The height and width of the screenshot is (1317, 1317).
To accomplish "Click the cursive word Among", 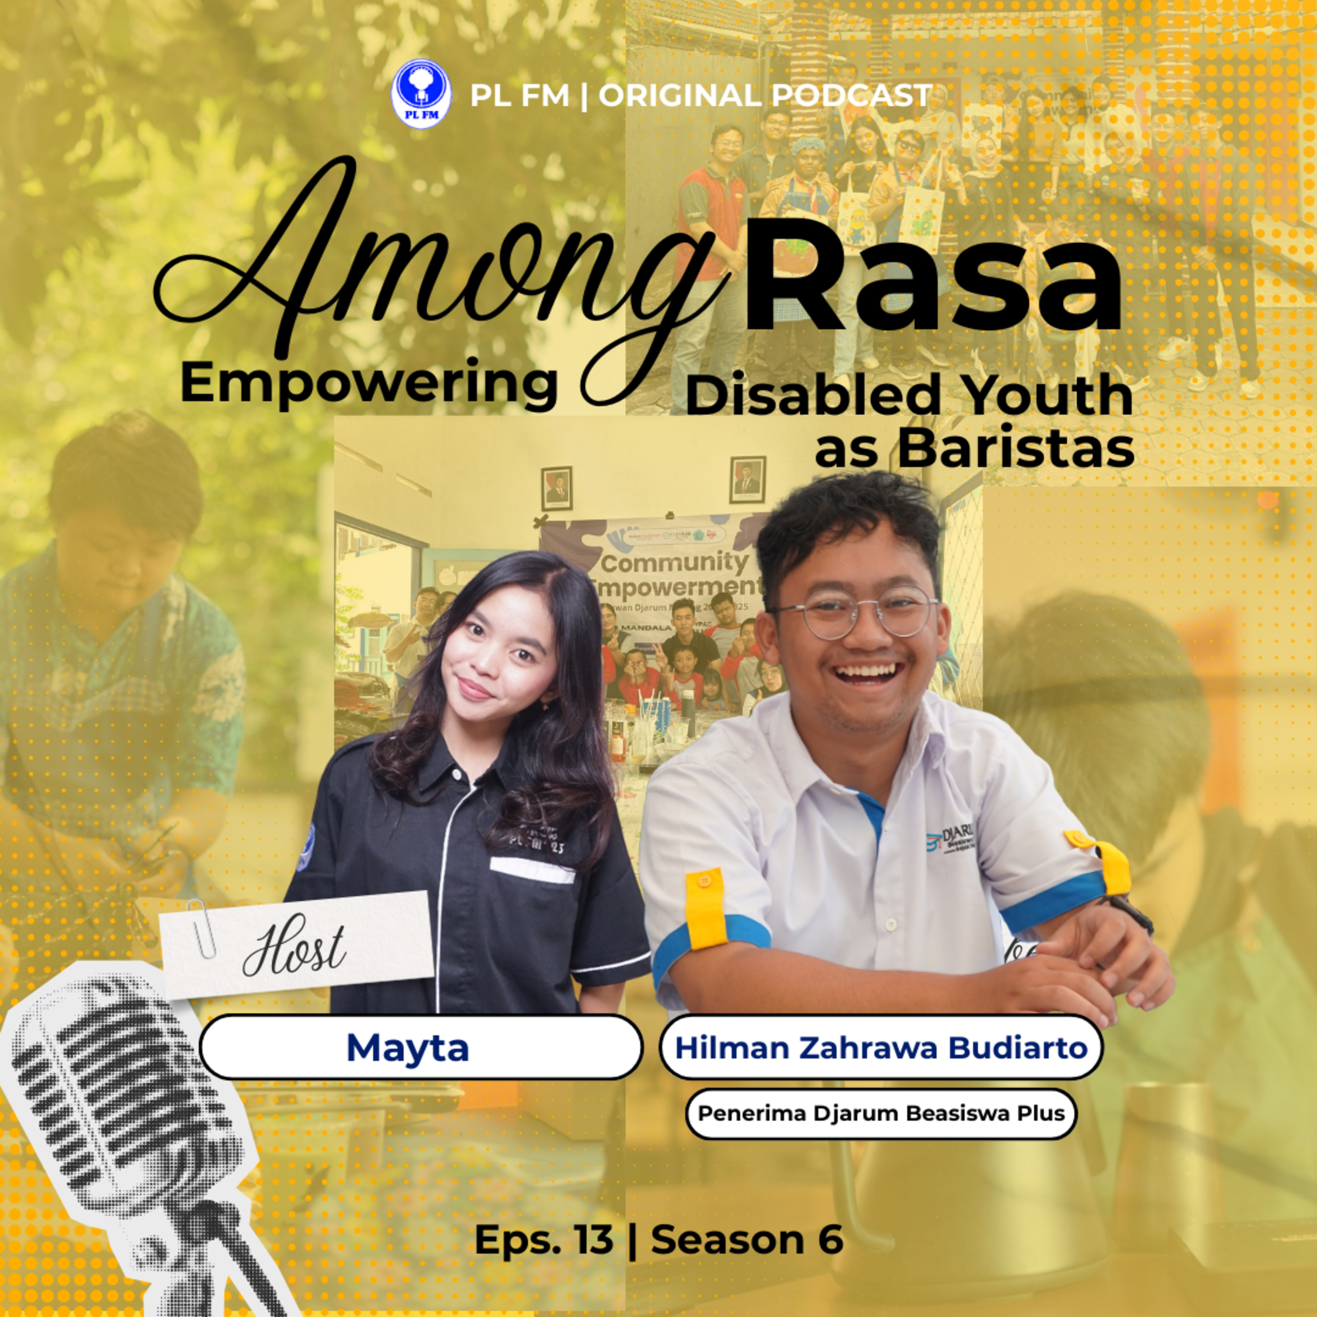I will [x=436, y=273].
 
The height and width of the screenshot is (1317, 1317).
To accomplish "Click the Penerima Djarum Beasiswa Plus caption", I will [x=881, y=1113].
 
